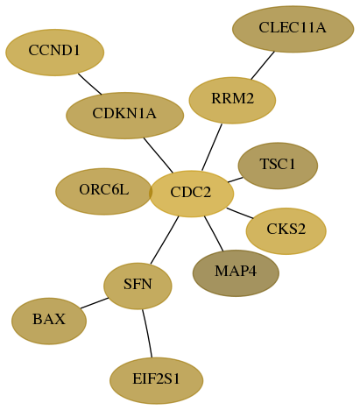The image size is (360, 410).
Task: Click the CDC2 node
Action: (192, 194)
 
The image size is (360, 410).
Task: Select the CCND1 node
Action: (54, 53)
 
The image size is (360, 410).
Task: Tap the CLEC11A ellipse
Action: (293, 29)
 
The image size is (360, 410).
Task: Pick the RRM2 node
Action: (232, 100)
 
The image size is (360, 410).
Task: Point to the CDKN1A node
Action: (124, 116)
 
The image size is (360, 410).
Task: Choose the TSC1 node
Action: (278, 166)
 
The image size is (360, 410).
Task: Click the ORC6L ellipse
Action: (103, 191)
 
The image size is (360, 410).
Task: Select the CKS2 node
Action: (286, 231)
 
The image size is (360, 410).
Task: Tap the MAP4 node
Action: (236, 273)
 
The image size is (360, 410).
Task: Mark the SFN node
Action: (138, 286)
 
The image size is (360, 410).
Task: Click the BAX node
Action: (49, 321)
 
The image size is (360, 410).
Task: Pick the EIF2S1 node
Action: (156, 380)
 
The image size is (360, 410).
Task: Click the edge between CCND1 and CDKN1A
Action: (89, 84)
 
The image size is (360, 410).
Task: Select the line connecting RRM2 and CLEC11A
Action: (263, 66)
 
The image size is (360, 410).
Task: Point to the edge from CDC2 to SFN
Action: (165, 240)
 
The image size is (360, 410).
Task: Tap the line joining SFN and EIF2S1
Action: (148, 333)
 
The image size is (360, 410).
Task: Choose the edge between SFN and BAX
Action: (95, 303)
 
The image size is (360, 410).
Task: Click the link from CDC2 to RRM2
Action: (212, 147)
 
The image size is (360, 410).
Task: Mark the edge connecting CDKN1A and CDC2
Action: (159, 155)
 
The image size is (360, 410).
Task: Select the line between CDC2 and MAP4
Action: (214, 233)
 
